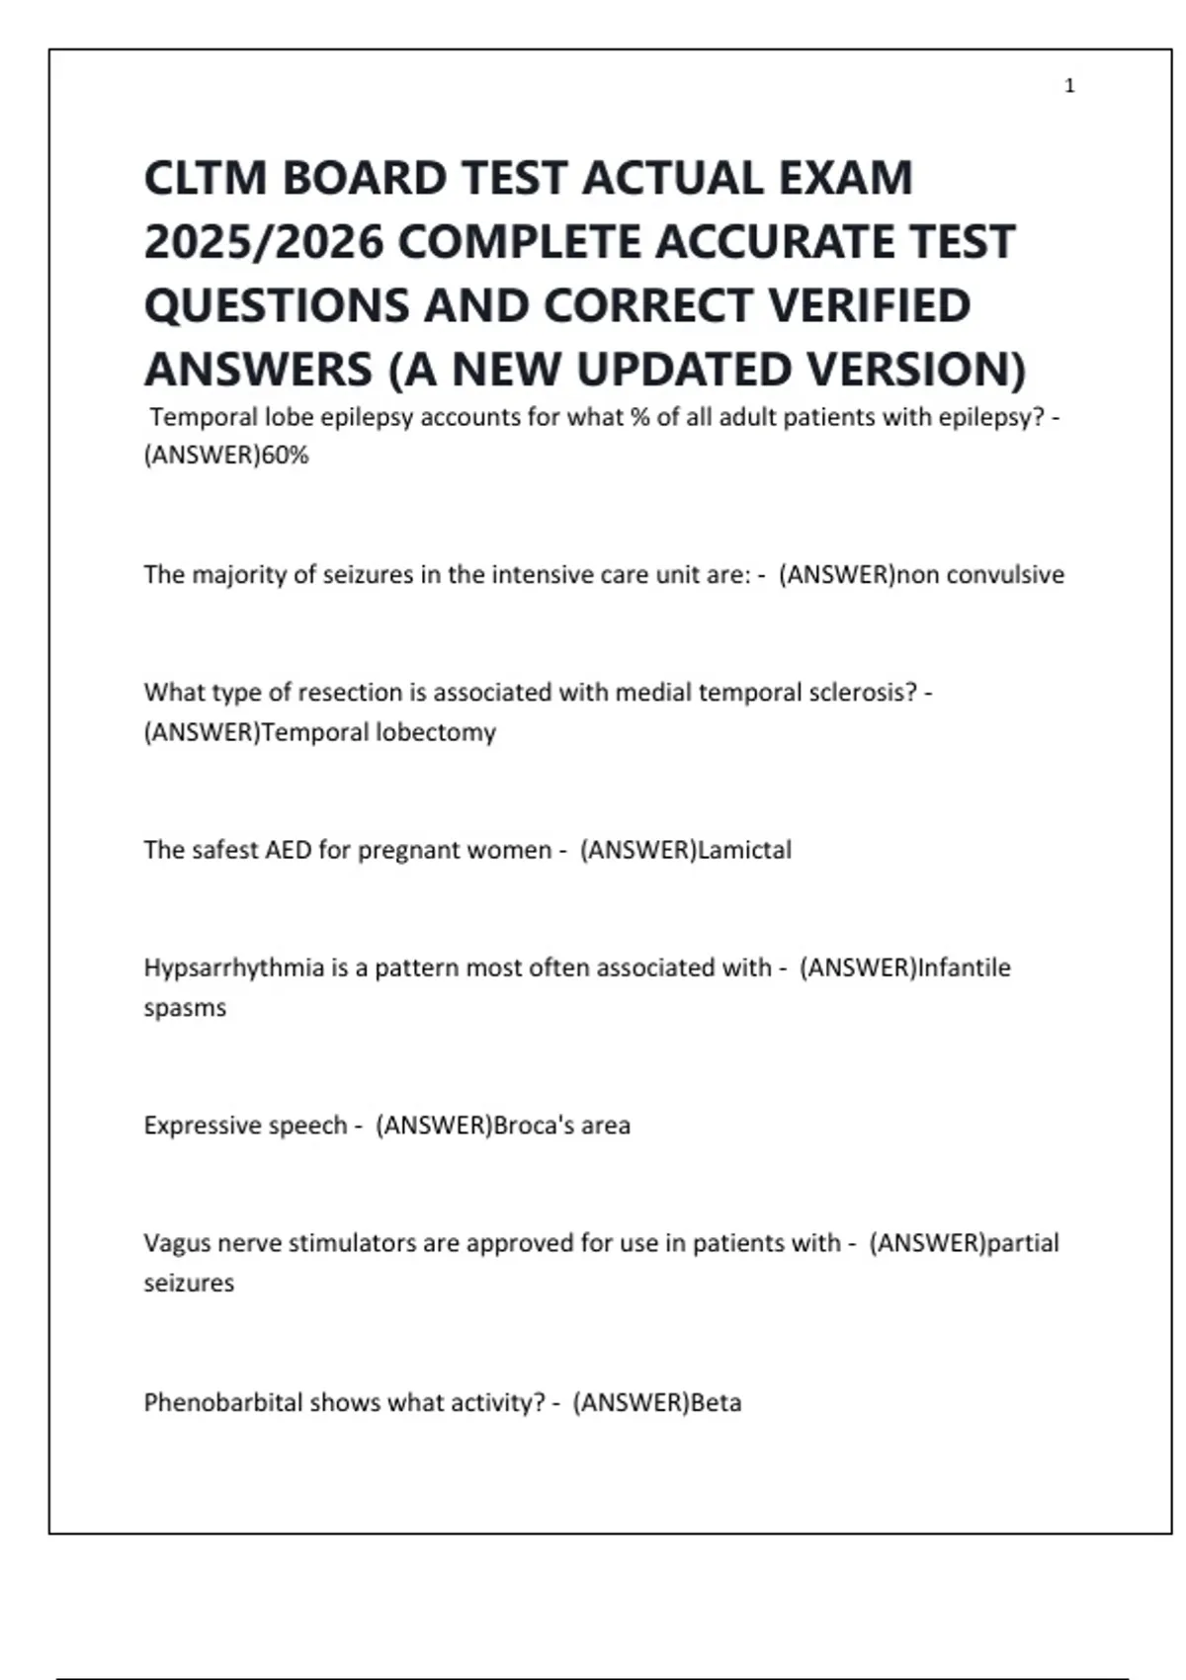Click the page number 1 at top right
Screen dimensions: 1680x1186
pos(1069,86)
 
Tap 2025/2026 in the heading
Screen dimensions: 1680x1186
pos(263,242)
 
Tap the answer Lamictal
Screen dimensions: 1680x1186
pos(744,850)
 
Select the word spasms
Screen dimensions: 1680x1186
pos(185,1008)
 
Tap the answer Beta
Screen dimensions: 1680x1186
pos(716,1402)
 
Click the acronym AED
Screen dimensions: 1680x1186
pos(288,850)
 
